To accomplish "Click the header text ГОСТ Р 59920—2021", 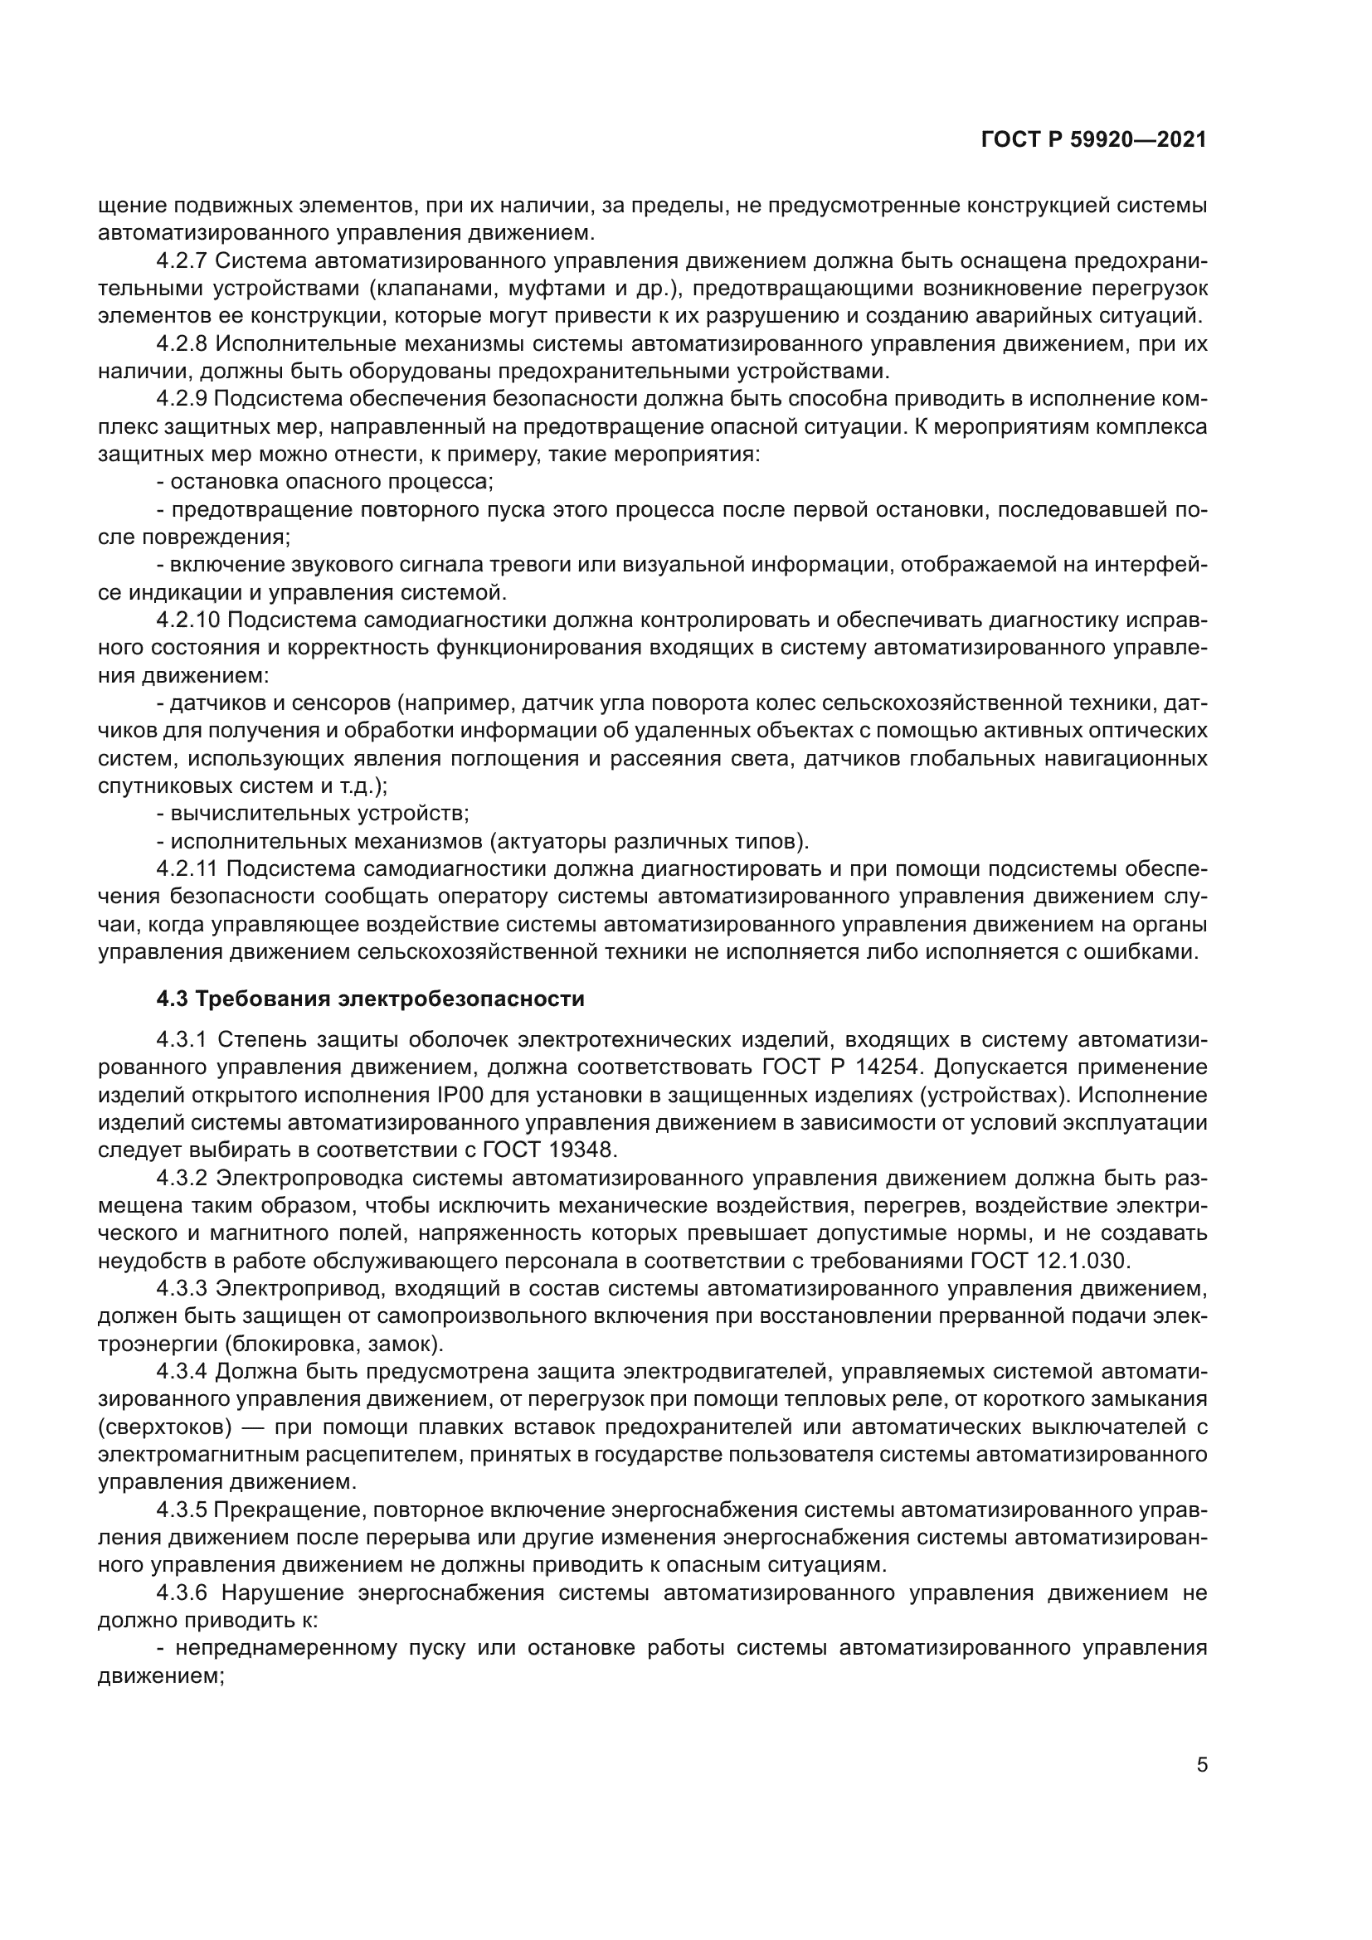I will (1093, 140).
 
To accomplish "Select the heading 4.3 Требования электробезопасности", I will (370, 999).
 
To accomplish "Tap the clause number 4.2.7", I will (182, 261).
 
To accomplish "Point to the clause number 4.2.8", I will (182, 344).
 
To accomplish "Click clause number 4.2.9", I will (182, 399).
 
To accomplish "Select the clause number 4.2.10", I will (188, 620).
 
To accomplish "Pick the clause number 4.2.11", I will (187, 868).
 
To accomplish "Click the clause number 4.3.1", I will (182, 1039).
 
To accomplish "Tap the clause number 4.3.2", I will (182, 1178).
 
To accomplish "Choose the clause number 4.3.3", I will (182, 1289).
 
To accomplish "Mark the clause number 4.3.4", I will (182, 1371).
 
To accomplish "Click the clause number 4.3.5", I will (182, 1509).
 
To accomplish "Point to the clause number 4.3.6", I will (182, 1592).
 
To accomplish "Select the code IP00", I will (460, 1095).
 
